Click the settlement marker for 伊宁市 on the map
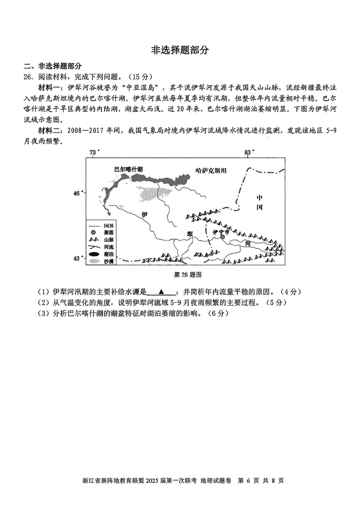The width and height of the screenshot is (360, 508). (222, 237)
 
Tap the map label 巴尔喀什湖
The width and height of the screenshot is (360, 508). (128, 170)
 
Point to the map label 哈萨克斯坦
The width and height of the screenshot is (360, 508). (211, 171)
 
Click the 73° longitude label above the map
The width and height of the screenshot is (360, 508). (93, 152)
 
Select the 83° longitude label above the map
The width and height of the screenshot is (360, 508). (249, 152)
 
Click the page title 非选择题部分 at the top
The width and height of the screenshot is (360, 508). (180, 50)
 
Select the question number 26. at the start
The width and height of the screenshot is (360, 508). (28, 76)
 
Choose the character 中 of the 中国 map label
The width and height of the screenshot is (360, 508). (260, 198)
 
